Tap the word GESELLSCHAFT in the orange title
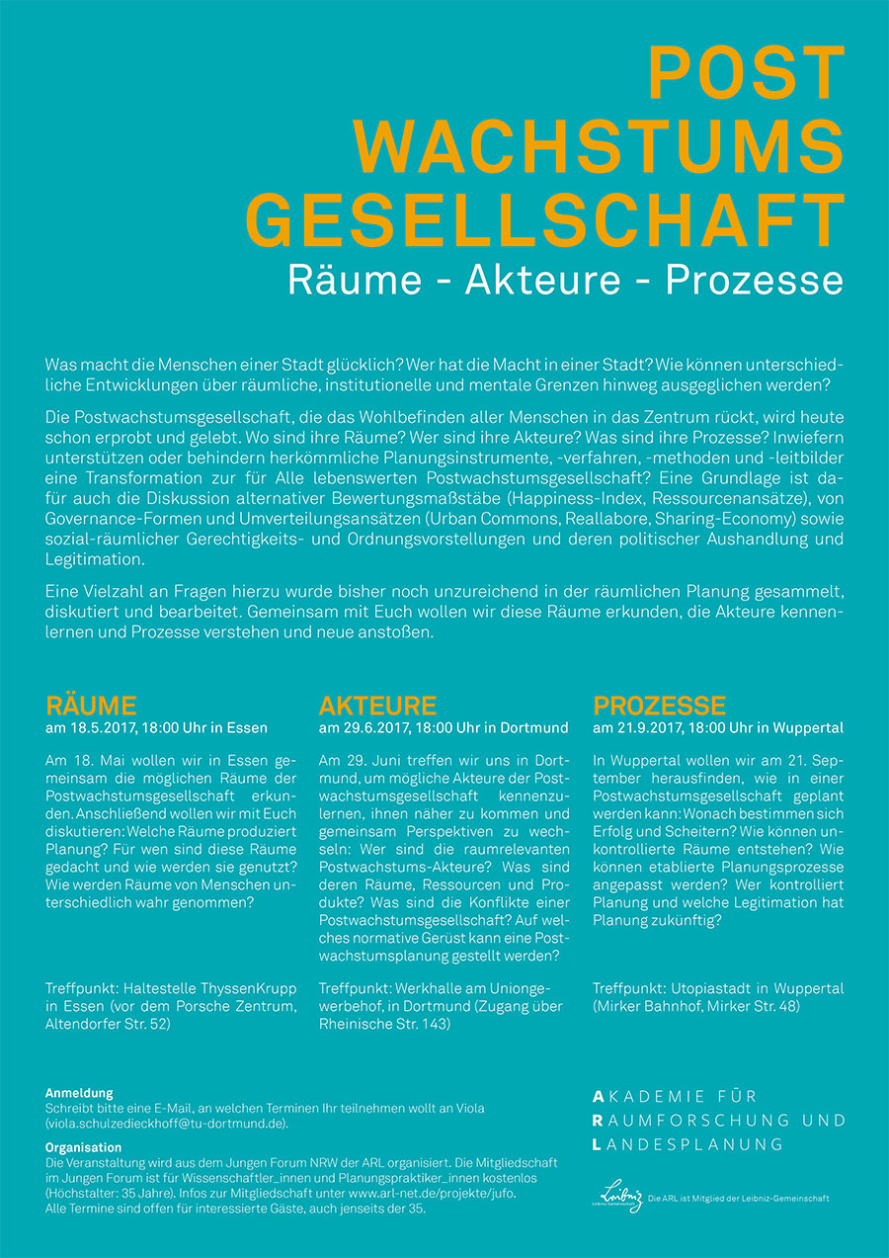pyautogui.click(x=545, y=220)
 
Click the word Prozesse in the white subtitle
pyautogui.click(x=755, y=280)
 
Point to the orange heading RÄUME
pyautogui.click(x=91, y=706)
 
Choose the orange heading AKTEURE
pyautogui.click(x=377, y=706)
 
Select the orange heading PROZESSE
pyautogui.click(x=659, y=706)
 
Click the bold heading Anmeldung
pyautogui.click(x=79, y=1093)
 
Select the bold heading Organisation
pyautogui.click(x=84, y=1148)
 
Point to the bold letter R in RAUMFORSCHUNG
pyautogui.click(x=598, y=1121)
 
